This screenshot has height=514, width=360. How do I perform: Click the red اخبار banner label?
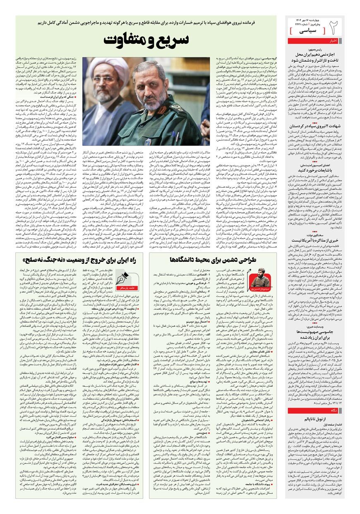point(334,41)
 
